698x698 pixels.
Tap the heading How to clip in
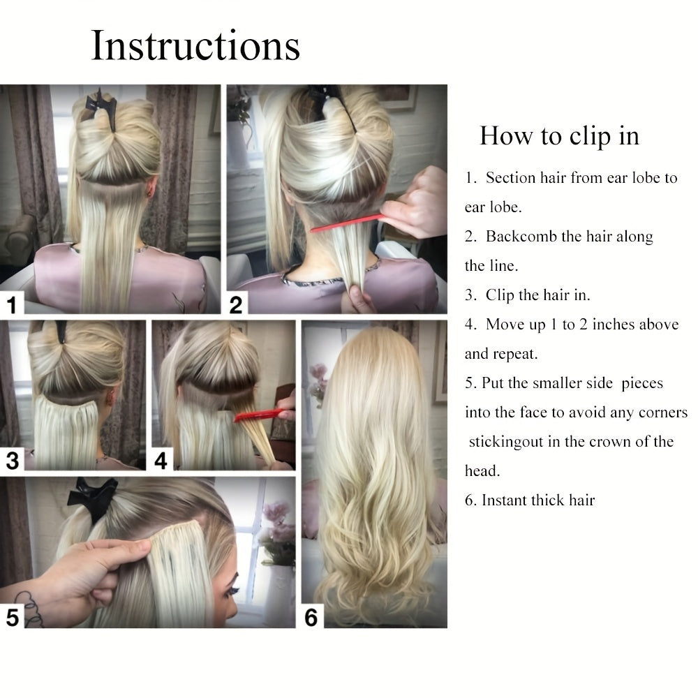(x=559, y=135)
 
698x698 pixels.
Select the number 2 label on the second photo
(x=236, y=305)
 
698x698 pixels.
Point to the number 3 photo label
(x=13, y=460)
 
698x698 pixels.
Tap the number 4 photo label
(x=161, y=460)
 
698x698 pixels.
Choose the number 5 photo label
(x=13, y=618)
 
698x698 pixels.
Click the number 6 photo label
(x=311, y=618)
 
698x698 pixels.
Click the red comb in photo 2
(x=348, y=223)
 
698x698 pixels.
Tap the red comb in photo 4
(x=260, y=415)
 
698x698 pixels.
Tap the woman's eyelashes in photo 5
(x=233, y=592)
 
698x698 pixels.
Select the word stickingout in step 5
(x=506, y=442)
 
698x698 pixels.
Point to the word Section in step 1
(x=511, y=177)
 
